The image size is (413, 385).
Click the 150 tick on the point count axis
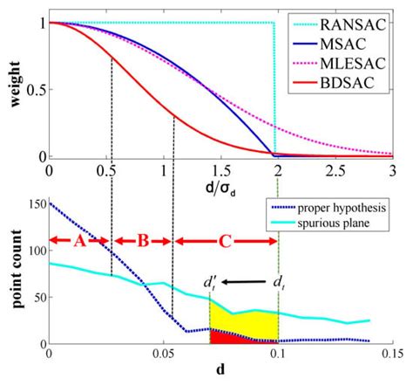tap(35, 204)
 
